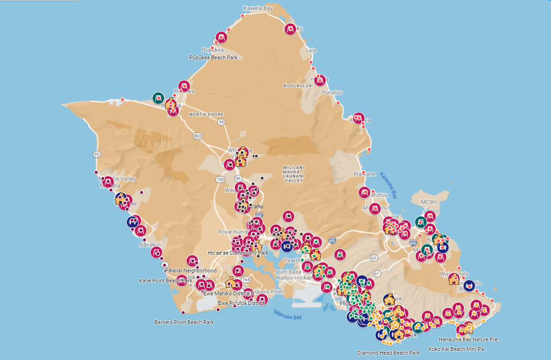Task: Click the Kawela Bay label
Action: click(258, 8)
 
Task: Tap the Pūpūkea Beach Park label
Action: click(213, 57)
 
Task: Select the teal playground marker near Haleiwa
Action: click(158, 98)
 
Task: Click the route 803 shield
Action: click(198, 136)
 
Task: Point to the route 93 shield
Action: click(97, 154)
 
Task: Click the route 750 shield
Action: click(220, 179)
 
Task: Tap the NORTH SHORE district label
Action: click(206, 114)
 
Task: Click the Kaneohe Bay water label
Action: click(388, 186)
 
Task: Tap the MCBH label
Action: click(429, 202)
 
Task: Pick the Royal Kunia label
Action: click(231, 232)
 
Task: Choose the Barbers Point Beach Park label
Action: click(184, 322)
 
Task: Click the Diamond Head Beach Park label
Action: click(388, 353)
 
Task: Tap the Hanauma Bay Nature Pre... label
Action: click(470, 339)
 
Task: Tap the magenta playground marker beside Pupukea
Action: click(221, 37)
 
